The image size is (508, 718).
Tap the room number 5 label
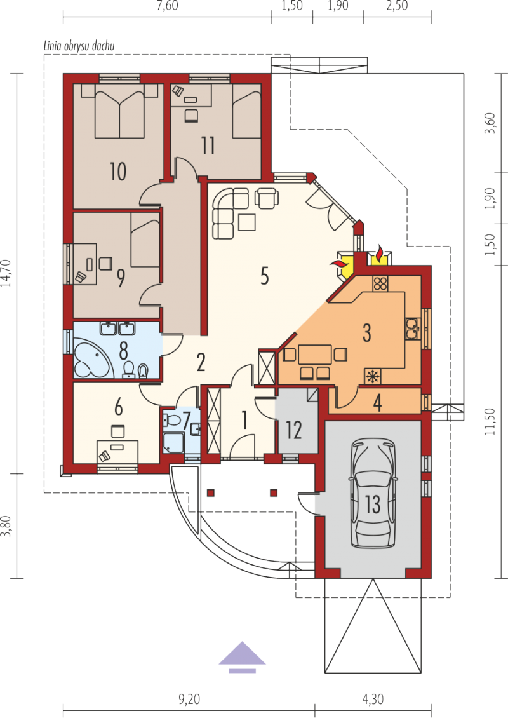(265, 276)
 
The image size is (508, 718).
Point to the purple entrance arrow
(242, 657)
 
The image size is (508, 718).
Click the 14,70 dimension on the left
(6, 273)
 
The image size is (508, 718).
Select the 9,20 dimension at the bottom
(189, 700)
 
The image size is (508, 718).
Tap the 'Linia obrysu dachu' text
(79, 46)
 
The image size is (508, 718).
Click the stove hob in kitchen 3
(380, 284)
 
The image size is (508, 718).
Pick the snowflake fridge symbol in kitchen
(373, 376)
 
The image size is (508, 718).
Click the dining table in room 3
(315, 355)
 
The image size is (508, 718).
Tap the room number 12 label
(294, 430)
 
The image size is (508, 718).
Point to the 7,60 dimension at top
(167, 6)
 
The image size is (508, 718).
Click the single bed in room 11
(246, 111)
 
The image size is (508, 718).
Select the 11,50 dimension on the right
(490, 422)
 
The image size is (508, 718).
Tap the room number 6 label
(118, 407)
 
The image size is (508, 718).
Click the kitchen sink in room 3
(413, 329)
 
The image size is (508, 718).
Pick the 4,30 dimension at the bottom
(373, 700)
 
